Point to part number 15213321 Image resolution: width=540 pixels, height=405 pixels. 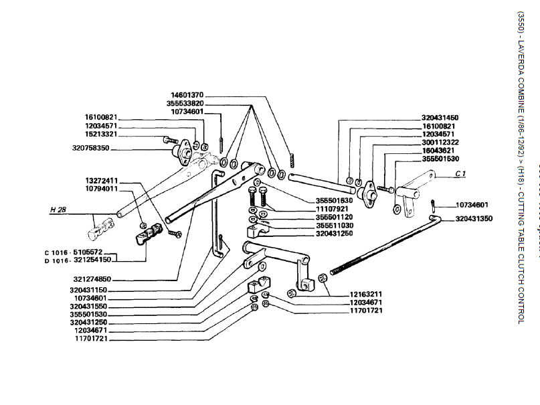point(102,134)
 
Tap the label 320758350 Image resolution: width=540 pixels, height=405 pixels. point(90,148)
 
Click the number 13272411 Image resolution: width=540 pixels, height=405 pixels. point(102,180)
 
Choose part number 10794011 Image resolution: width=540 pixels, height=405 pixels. point(102,189)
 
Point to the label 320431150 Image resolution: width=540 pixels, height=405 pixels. point(88,291)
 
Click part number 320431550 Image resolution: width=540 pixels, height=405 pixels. point(88,306)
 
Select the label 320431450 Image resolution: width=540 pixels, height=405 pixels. point(440,118)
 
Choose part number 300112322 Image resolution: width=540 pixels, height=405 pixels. point(440,142)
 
